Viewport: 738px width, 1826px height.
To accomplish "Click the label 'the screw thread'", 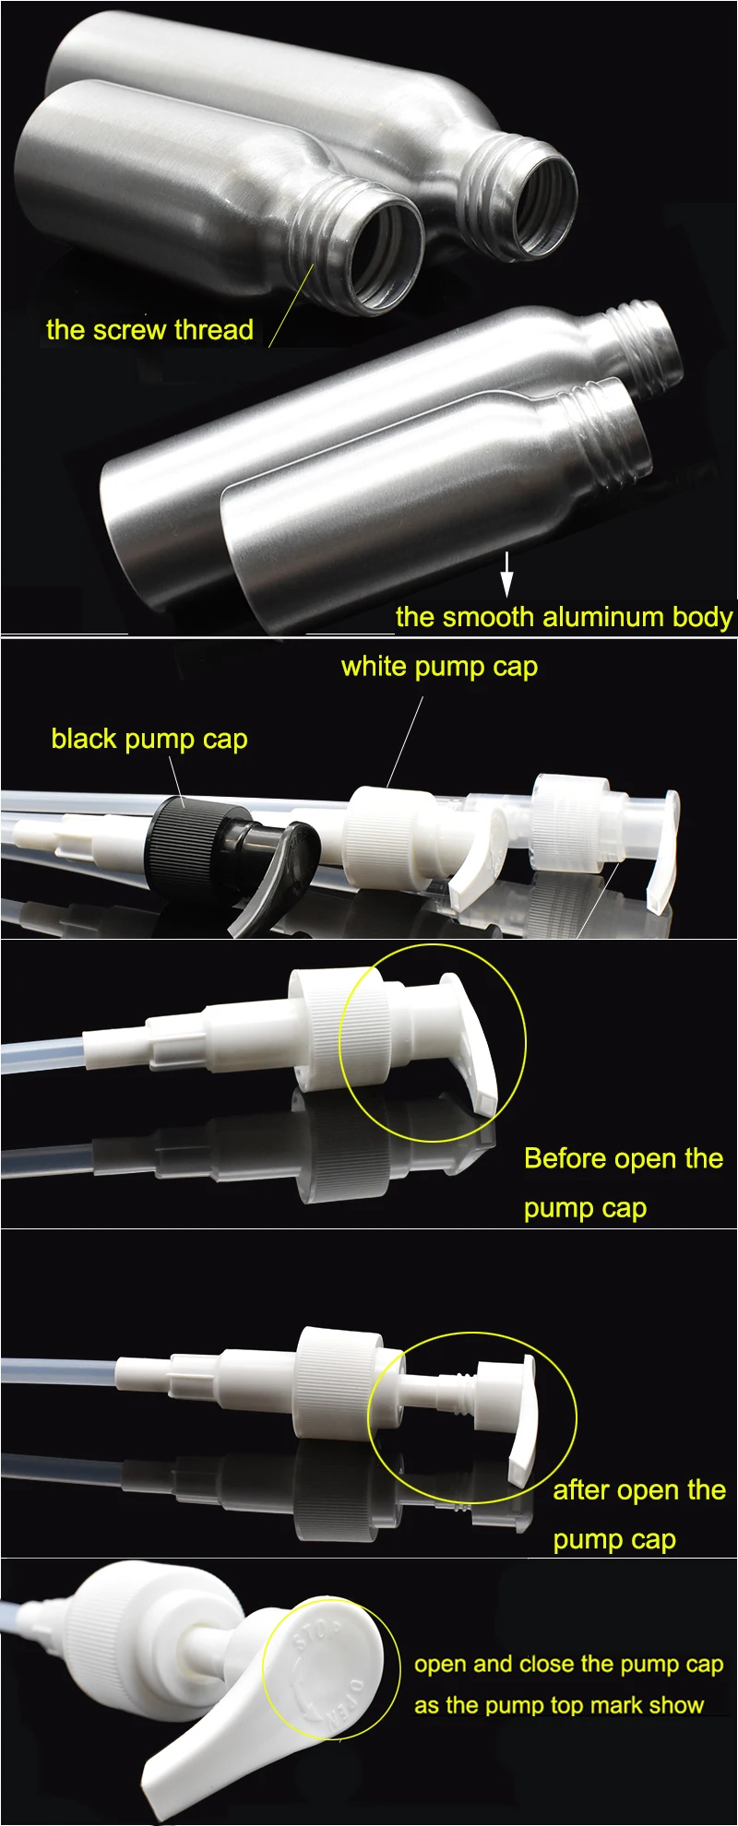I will pos(149,330).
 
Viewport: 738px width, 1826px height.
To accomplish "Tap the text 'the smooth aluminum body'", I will pos(564,617).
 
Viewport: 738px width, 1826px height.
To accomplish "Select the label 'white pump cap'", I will pos(439,667).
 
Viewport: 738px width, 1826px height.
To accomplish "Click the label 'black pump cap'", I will pos(149,739).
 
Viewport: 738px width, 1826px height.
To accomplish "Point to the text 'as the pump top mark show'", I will pos(559,1705).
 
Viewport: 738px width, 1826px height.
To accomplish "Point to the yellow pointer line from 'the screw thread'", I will pos(292,304).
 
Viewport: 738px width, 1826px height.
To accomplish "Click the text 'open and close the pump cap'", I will pos(568,1665).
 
